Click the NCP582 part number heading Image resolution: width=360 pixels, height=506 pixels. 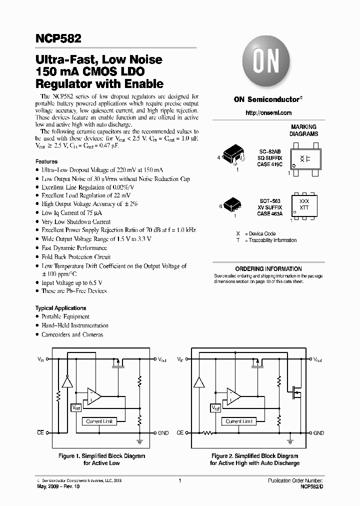58,38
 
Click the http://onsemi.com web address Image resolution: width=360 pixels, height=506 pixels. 268,113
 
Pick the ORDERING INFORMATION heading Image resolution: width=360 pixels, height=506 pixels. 268,269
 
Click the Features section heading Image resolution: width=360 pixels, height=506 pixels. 46,162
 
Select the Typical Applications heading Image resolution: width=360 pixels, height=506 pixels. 60,308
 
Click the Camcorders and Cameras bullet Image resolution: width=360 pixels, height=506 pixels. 72,334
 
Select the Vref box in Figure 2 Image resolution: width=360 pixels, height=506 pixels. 216,408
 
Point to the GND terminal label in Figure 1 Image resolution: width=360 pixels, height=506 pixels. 163,433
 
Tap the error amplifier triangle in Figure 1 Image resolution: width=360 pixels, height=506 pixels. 93,396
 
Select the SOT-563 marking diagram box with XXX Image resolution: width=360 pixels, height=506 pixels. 304,204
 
